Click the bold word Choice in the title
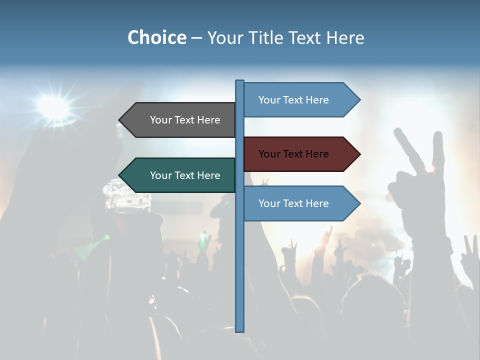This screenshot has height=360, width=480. click(156, 37)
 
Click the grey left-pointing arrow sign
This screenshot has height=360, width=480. click(180, 120)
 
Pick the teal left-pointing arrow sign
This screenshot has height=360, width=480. click(180, 175)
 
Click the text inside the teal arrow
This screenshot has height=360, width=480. click(185, 175)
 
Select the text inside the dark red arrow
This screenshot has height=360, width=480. click(293, 154)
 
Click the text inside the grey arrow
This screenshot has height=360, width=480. click(185, 120)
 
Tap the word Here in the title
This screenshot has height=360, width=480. click(345, 37)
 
